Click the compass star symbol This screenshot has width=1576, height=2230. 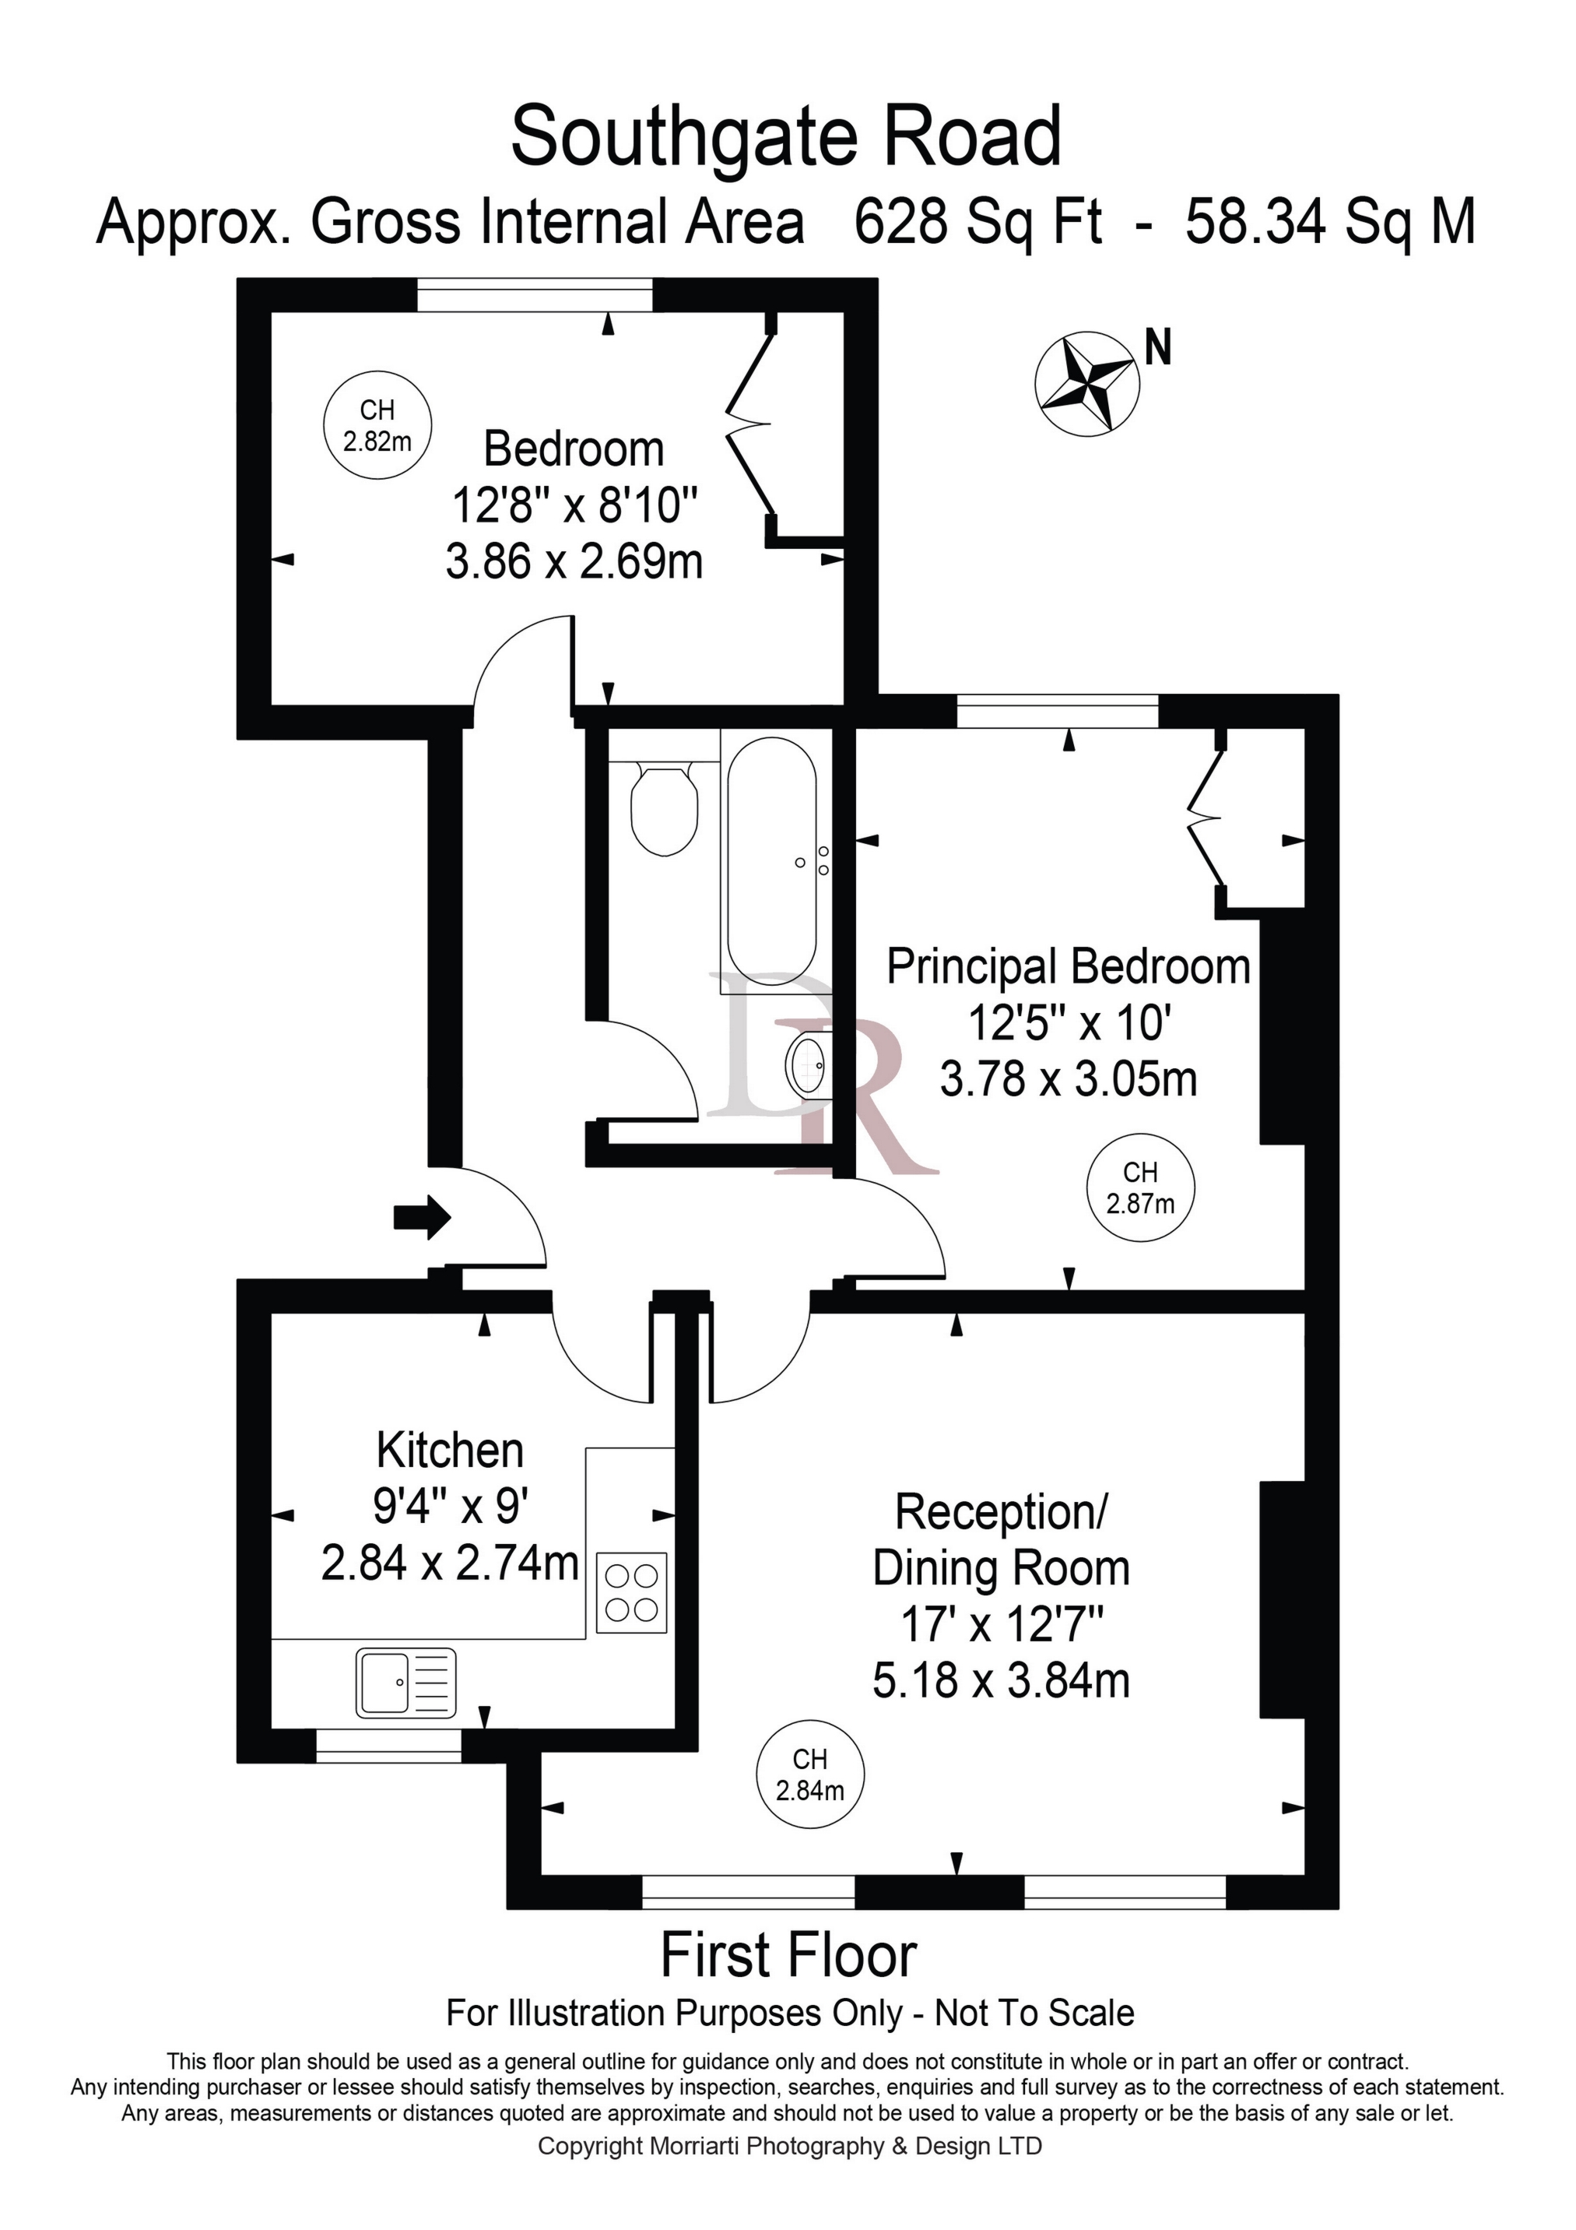point(1086,382)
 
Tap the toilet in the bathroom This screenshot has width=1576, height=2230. point(664,805)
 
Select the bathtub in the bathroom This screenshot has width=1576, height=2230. point(772,861)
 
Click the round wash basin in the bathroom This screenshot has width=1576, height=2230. point(809,1064)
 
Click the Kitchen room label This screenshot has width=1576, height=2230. point(450,1450)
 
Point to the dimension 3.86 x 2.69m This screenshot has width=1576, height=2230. point(574,561)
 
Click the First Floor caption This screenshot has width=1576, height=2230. point(788,1954)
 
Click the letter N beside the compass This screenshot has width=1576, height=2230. point(1157,346)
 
